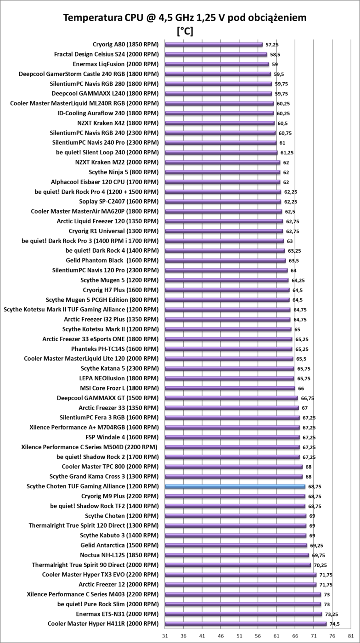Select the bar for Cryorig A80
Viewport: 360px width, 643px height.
tap(214, 45)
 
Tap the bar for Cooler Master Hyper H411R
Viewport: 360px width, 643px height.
tap(246, 624)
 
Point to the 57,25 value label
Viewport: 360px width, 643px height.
tap(272, 45)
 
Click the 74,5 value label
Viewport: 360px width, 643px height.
tap(335, 624)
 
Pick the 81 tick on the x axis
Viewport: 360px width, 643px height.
tap(351, 636)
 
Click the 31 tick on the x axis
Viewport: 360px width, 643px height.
tap(165, 636)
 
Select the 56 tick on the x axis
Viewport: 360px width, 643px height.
tap(258, 636)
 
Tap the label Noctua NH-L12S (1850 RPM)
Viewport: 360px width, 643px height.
tap(119, 555)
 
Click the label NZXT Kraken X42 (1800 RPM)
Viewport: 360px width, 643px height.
tap(118, 123)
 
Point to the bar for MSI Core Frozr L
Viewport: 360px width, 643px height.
tap(230, 388)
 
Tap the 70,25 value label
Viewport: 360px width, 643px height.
tap(321, 565)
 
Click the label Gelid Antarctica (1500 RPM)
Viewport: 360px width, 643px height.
tap(119, 545)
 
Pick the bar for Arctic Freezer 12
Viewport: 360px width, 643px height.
tap(241, 585)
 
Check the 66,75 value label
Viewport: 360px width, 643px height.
tap(308, 398)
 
